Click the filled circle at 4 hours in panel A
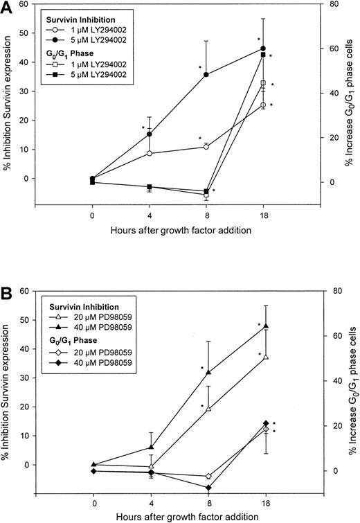[150, 134]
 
